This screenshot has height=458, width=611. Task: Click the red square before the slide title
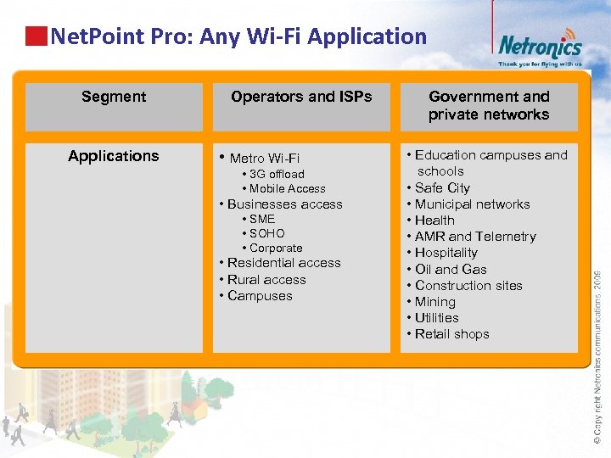(36, 36)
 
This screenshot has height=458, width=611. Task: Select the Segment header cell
(114, 97)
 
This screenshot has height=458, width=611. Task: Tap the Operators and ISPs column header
(301, 97)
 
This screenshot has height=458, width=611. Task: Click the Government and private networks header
(489, 106)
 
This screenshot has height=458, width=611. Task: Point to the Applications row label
(114, 156)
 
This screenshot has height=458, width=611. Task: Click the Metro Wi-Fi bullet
(264, 159)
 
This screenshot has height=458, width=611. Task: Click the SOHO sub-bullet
(266, 233)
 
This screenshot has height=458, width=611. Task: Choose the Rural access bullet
(266, 280)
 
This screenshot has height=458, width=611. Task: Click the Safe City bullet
(442, 188)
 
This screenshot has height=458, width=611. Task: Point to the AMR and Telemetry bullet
(475, 237)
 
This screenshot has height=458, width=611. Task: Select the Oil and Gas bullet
(451, 270)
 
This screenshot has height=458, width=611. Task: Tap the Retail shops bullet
(451, 334)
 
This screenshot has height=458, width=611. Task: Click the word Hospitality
(446, 253)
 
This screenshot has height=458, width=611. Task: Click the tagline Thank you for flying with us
(540, 64)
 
